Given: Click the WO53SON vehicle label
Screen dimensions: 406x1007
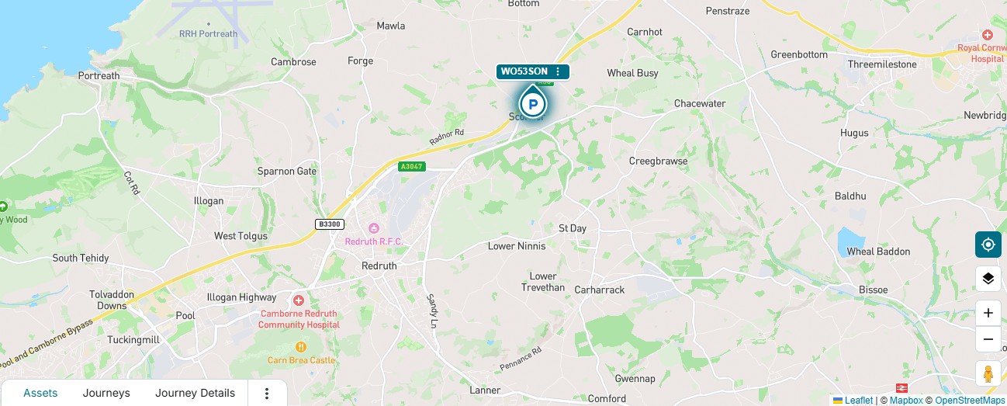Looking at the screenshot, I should pos(525,71).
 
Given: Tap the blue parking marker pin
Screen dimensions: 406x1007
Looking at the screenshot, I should pos(532,102).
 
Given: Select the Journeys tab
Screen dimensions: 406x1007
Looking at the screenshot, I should pos(106,393).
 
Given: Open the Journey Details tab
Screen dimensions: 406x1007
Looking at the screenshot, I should pos(195,393).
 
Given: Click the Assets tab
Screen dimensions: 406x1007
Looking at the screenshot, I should pos(40,393).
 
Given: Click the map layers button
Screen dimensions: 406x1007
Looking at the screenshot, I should pos(988,278).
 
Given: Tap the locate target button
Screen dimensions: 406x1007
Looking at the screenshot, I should pos(988,245).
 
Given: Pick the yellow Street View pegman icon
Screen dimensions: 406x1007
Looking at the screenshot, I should pos(988,374).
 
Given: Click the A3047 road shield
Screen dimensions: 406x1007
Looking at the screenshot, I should pos(413,167).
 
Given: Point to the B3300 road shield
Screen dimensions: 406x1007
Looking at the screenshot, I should pos(330,224).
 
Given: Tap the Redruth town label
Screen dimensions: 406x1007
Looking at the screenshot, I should pos(379,265).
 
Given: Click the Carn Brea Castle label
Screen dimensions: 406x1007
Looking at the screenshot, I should pos(300,360).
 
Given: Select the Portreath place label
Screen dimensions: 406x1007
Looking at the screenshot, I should pos(99,76).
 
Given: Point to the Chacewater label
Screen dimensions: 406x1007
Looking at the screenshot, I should pos(700,104).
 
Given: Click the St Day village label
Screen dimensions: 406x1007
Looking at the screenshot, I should pos(573,228).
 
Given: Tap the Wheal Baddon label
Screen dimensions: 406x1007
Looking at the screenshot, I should pos(878,252).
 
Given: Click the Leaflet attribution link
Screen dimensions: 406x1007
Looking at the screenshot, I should pos(858,401).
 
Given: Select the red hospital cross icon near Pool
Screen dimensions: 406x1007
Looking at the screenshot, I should pos(298,300).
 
